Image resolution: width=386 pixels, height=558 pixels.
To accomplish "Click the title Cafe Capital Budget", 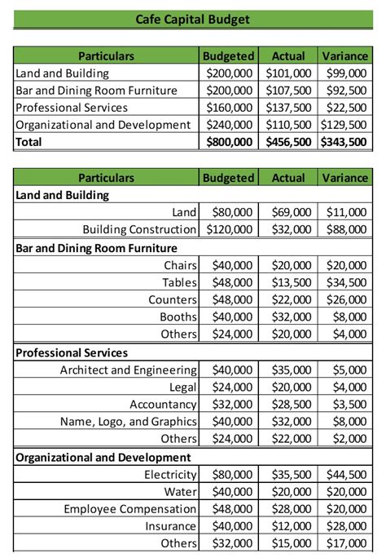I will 193,19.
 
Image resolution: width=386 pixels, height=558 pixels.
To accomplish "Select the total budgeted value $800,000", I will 230,142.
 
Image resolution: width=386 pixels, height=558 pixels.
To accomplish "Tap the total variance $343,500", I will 343,142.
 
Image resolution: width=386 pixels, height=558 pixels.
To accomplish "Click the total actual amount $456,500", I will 288,142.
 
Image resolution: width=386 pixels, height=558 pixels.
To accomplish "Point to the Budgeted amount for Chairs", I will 232,265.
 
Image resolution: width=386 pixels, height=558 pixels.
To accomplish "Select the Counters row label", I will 173,299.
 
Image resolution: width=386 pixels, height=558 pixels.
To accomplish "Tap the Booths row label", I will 178,317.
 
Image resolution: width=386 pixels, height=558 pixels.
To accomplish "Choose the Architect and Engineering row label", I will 128,370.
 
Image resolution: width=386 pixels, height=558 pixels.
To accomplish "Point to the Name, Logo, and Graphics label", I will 128,422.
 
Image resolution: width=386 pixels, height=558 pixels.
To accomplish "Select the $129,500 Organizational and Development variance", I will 343,125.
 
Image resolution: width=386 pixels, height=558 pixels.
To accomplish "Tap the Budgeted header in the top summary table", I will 228,56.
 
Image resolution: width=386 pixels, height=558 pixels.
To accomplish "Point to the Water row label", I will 180,492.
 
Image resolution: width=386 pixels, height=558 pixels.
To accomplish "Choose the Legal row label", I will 183,387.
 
